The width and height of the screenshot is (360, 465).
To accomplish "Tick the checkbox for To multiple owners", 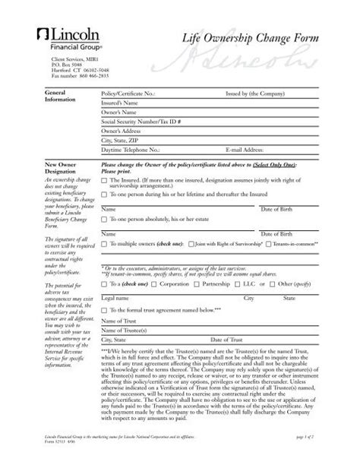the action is click(104, 243).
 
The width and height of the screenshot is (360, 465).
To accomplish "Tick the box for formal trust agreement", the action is click(104, 311).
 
